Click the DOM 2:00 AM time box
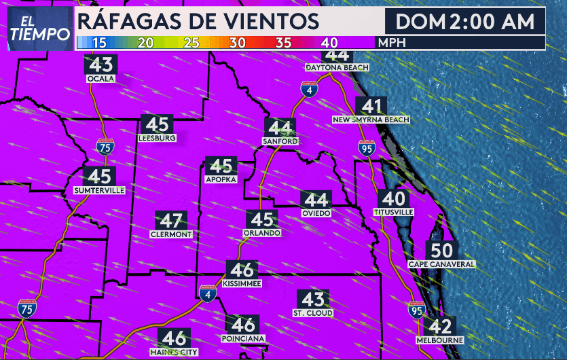point(465,22)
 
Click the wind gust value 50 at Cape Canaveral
point(441,250)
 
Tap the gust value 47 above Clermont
point(171,221)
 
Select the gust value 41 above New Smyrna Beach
point(371,106)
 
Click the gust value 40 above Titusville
point(394,199)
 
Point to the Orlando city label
point(261,233)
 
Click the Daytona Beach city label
point(337,68)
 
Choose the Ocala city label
point(101,78)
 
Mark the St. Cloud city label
point(313,313)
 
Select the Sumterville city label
point(100,191)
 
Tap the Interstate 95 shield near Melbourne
point(416,310)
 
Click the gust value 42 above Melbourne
point(440,326)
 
